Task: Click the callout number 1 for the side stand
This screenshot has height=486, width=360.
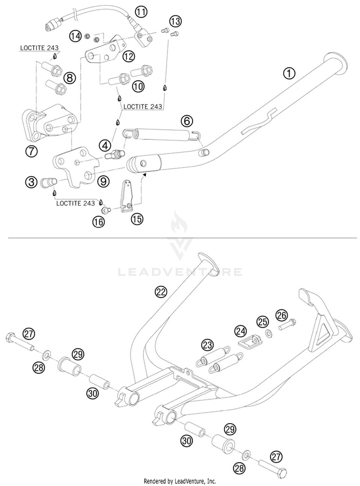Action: tap(289, 73)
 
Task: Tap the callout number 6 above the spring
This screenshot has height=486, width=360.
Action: tap(187, 121)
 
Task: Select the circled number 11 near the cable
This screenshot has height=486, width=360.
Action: tap(141, 12)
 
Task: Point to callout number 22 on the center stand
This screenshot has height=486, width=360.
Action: tap(161, 292)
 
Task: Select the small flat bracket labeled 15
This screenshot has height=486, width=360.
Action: tap(127, 195)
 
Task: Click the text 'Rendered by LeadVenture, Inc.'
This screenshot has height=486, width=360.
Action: tap(180, 481)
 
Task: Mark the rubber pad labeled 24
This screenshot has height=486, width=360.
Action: tap(250, 342)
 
